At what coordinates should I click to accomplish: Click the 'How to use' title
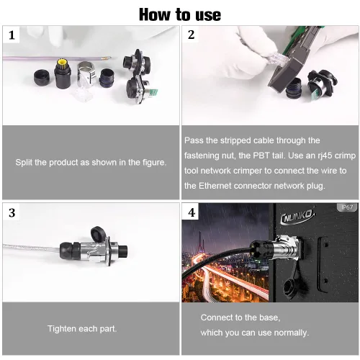point(180,14)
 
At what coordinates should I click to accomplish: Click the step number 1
point(12,35)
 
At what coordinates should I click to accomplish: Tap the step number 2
point(191,35)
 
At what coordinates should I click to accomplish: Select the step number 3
point(12,213)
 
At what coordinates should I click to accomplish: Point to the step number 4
point(192,212)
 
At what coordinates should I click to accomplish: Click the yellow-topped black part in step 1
point(63,73)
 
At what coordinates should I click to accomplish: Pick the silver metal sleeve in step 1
point(86,73)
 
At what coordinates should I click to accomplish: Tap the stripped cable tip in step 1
point(107,58)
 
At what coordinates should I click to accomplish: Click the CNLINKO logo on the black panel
point(297,216)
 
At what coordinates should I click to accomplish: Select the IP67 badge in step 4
point(347,207)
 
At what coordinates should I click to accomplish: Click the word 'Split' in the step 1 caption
point(24,163)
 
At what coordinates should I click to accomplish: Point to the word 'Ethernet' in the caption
point(215,186)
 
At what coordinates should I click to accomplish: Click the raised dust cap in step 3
point(99,234)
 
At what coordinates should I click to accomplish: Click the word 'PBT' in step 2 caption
point(261,156)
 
